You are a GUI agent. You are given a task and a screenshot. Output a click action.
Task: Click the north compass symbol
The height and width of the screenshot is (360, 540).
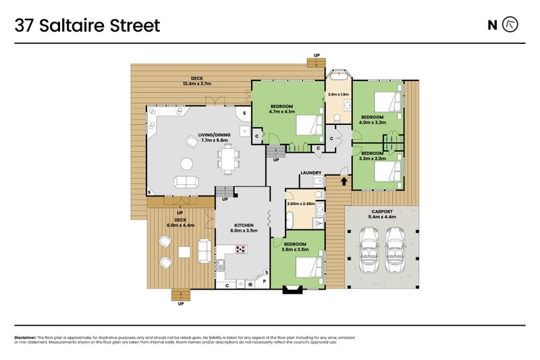coord(512,25)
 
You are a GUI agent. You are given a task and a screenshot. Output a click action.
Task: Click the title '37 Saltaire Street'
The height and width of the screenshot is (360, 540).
coord(88,26)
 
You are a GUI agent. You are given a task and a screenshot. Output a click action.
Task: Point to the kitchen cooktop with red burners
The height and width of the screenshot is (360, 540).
coord(242,249)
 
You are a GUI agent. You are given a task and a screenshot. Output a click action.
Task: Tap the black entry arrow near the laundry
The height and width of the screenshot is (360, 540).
coord(345,181)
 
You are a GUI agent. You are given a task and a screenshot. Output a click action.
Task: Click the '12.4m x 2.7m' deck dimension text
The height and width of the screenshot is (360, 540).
coord(197,84)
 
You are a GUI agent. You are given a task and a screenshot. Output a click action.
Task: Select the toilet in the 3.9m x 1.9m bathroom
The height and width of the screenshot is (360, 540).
coord(336,119)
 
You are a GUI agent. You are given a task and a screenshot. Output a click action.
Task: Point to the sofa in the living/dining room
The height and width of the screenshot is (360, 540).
coord(186,181)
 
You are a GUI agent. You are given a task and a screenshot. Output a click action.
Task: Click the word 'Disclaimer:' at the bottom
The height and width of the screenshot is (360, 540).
coord(25,337)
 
